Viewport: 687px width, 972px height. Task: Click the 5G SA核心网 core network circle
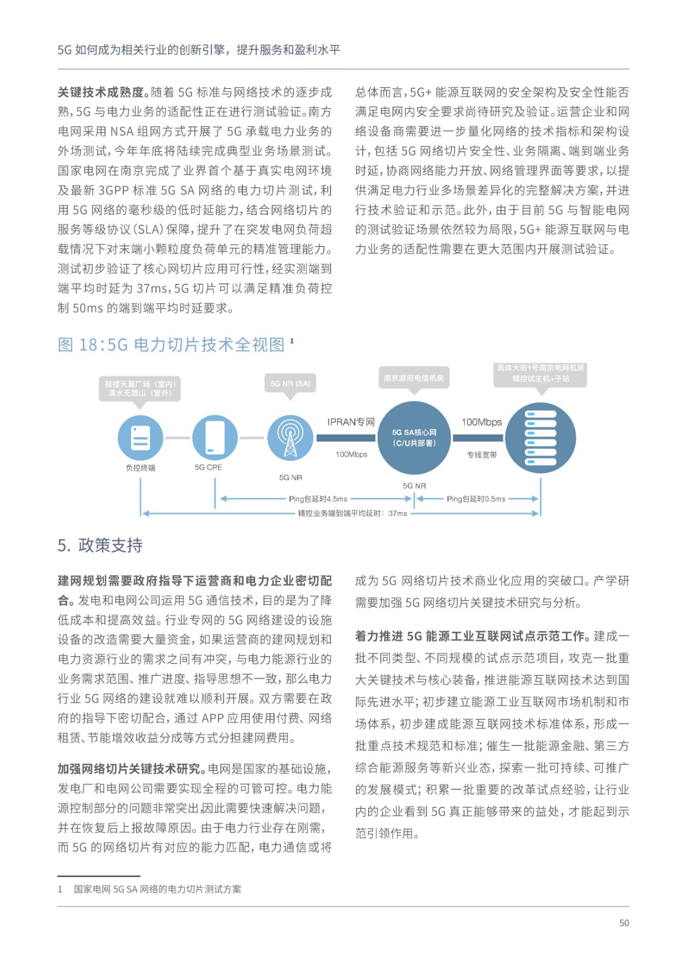414,437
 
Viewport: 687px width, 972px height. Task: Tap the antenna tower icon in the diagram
290,437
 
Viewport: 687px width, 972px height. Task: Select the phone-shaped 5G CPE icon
214,437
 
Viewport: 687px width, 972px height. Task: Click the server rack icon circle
540,437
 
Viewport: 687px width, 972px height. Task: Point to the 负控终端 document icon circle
140,437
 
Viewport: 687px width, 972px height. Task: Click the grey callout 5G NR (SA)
290,383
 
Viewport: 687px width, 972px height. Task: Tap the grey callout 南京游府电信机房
414,378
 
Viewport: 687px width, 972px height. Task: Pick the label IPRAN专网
351,422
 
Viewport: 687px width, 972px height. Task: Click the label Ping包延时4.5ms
318,499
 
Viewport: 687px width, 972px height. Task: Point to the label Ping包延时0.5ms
476,499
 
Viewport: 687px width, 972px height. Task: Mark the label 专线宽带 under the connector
482,454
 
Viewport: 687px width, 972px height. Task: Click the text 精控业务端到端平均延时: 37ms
352,513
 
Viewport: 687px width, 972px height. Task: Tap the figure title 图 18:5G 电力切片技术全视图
171,344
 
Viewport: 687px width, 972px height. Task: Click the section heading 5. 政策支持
100,545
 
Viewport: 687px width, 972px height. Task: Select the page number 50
624,923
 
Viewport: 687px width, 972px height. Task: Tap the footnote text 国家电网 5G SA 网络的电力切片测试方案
157,889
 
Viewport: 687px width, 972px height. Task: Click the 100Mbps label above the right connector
482,422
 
